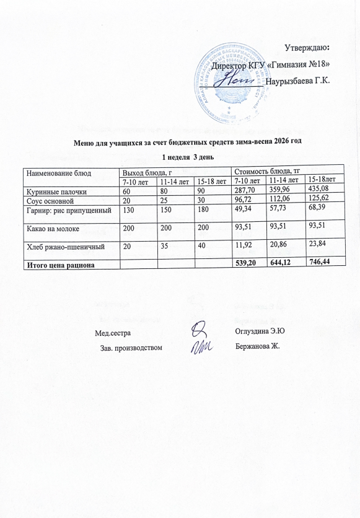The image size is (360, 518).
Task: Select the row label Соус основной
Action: click(x=50, y=201)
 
